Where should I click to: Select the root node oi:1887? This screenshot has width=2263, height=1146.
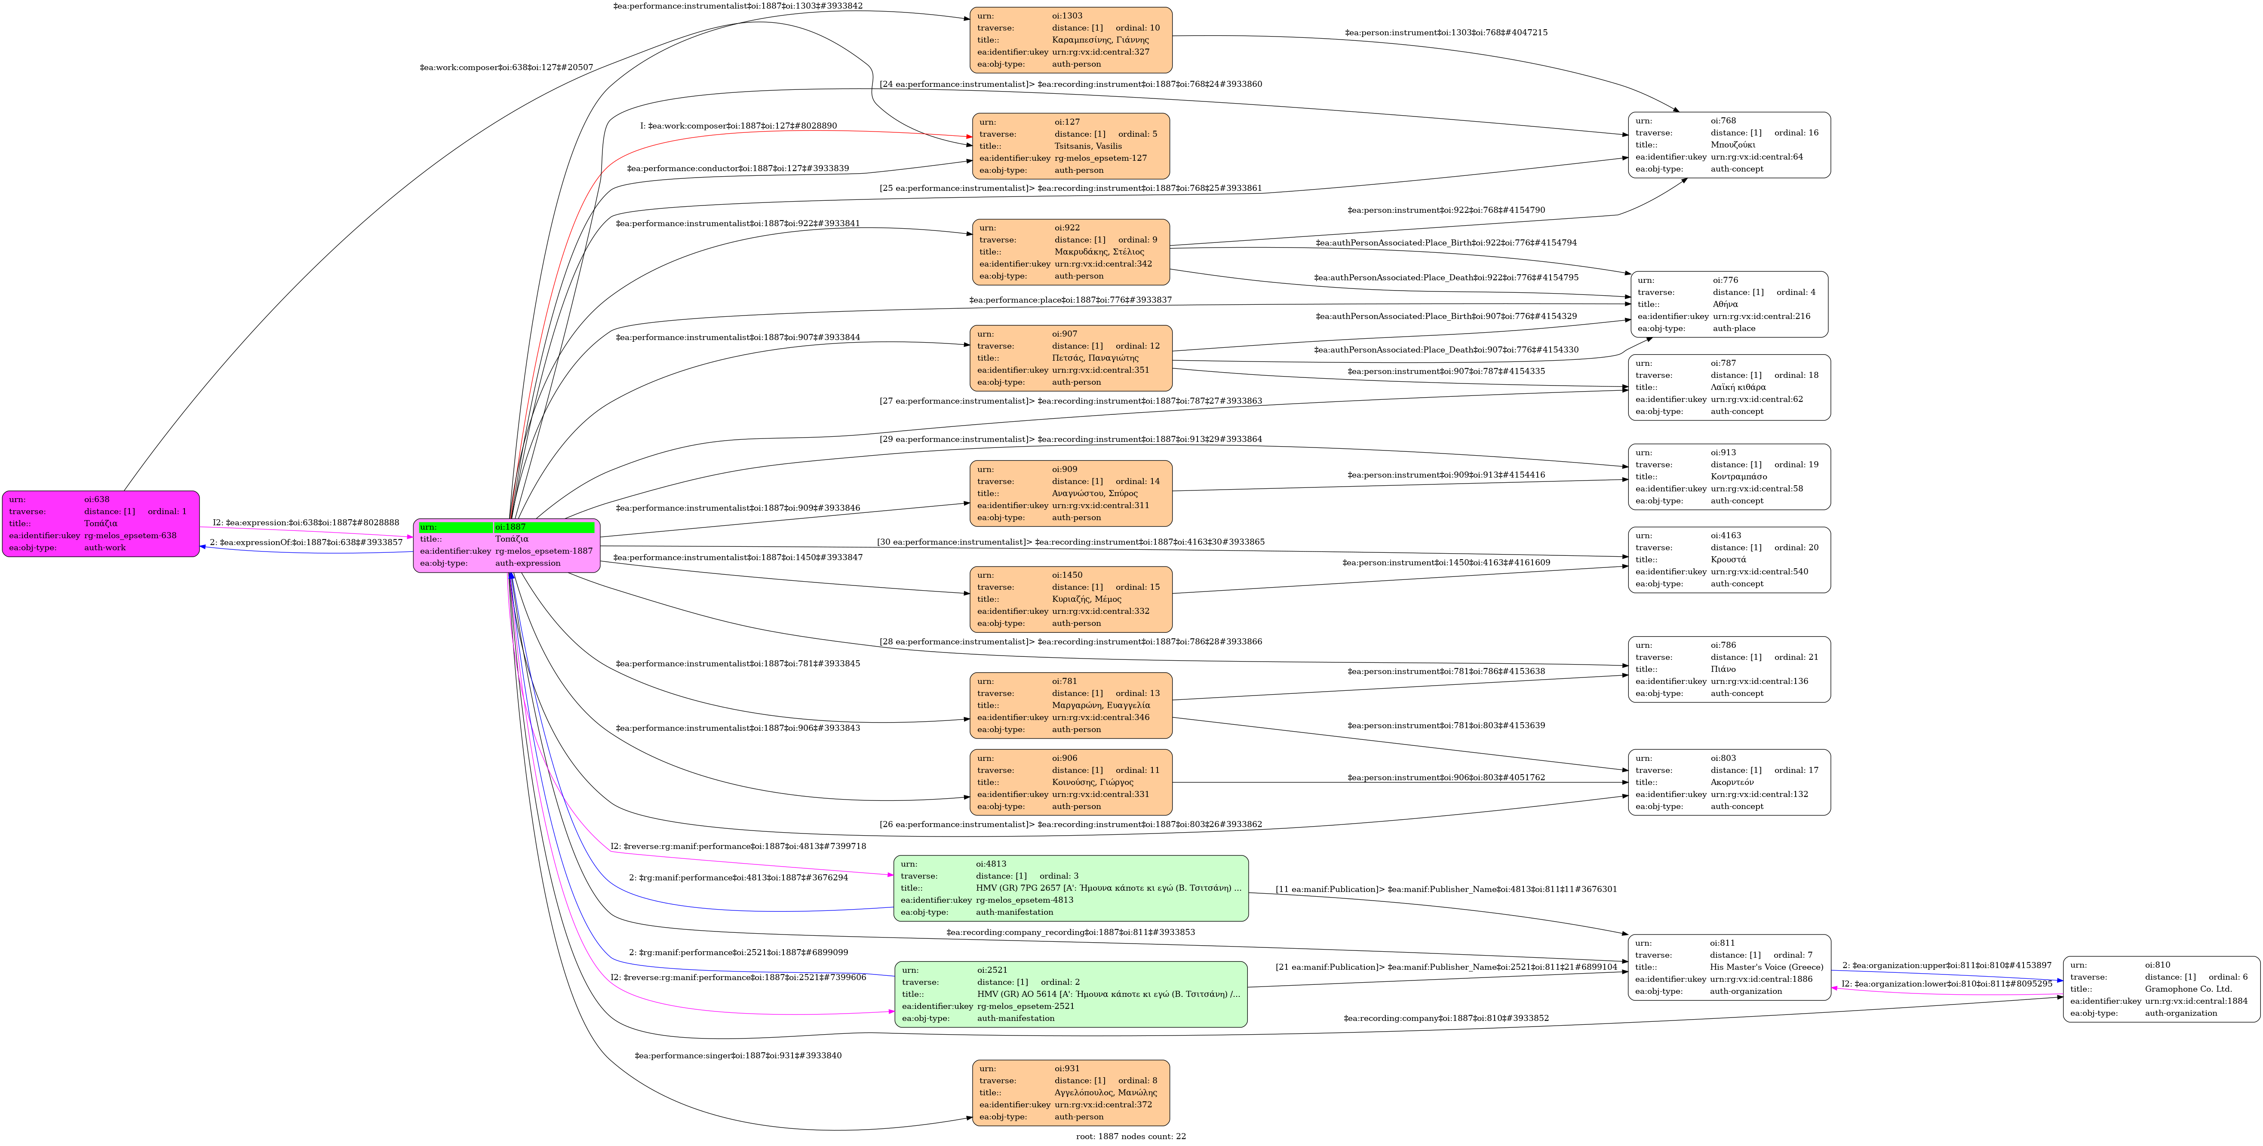tap(507, 545)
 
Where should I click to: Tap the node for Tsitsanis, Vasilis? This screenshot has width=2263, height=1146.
tap(1071, 146)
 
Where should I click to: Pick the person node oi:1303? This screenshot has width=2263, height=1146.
tap(1071, 40)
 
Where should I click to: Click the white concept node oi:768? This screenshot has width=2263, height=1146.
tap(1729, 145)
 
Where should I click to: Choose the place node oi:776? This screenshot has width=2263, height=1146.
tap(1729, 304)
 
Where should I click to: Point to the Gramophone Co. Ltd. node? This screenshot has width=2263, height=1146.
tap(2161, 989)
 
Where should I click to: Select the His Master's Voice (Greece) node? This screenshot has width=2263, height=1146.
tap(1729, 967)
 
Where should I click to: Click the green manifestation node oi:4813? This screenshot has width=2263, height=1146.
tap(1071, 888)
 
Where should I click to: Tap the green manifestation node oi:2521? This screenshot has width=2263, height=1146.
tap(1071, 994)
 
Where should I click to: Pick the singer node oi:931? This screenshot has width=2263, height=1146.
tap(1071, 1092)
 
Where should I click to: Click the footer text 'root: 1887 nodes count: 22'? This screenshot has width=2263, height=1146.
tap(1130, 1137)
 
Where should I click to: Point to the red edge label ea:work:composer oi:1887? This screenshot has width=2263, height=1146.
tap(738, 126)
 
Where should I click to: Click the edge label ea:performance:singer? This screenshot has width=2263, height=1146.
tap(738, 1056)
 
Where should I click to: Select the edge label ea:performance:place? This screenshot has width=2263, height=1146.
tap(1070, 300)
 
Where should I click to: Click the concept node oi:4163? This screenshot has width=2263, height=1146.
tap(1729, 559)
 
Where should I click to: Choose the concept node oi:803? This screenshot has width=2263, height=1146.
tap(1729, 781)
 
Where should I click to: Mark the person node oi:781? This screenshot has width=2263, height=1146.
tap(1071, 705)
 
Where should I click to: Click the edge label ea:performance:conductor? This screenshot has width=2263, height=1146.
tap(738, 169)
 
